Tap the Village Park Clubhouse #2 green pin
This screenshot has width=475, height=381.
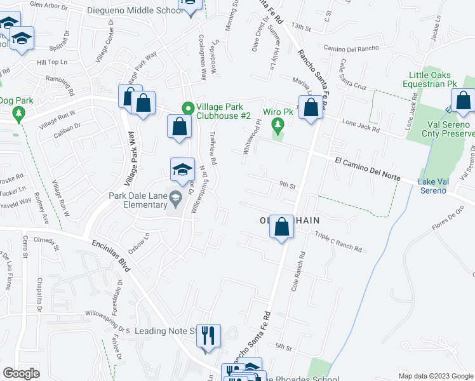click(x=187, y=107)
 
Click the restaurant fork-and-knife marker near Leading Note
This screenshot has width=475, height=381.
click(x=208, y=337)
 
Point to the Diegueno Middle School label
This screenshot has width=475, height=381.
click(x=144, y=10)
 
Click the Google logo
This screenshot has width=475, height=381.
click(x=21, y=373)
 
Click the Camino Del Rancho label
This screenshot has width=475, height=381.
click(x=351, y=48)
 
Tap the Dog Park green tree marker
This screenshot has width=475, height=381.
click(x=18, y=114)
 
